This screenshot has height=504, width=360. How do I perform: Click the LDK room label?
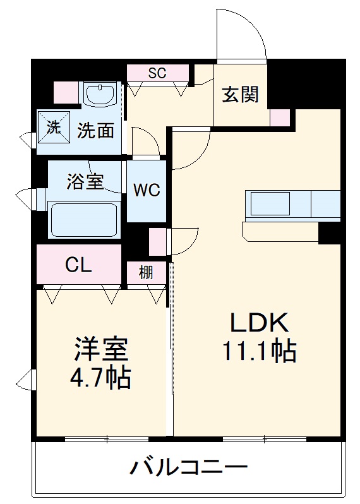point(258,323)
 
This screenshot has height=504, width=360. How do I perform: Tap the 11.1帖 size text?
point(258,351)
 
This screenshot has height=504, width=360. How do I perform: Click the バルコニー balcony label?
point(189,468)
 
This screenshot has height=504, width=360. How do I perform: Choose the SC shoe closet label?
point(157,73)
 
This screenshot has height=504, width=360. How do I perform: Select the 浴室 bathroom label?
point(85,182)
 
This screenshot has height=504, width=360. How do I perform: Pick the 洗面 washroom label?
point(96,131)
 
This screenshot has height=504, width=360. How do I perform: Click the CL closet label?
point(78,265)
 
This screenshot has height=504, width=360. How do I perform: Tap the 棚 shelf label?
point(146,273)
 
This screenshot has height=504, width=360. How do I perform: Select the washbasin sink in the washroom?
point(100,95)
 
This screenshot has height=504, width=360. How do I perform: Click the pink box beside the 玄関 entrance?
point(280,118)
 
